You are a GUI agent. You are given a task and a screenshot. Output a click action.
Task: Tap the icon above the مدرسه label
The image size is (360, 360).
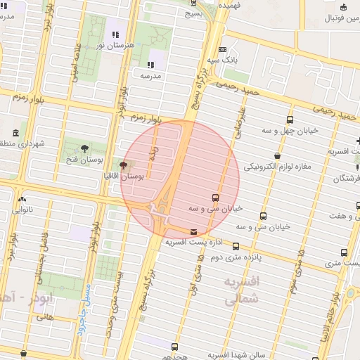coord(150,65)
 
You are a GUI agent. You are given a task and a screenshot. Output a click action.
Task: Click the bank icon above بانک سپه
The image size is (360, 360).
coord(223,49)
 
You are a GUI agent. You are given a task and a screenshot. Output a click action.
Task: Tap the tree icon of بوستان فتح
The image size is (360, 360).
coord(85,148)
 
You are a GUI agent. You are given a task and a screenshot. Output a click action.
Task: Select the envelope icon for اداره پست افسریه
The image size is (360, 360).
coord(193,232)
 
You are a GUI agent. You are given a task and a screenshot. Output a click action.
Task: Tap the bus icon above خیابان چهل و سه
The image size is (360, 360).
coord(290,120)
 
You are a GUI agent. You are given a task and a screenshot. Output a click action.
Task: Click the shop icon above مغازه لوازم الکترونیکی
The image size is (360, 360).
coord(278,156)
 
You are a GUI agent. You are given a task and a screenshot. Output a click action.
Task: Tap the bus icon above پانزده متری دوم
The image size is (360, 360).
coord(236,247)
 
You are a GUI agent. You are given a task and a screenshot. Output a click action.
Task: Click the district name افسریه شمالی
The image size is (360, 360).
coord(242,290)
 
